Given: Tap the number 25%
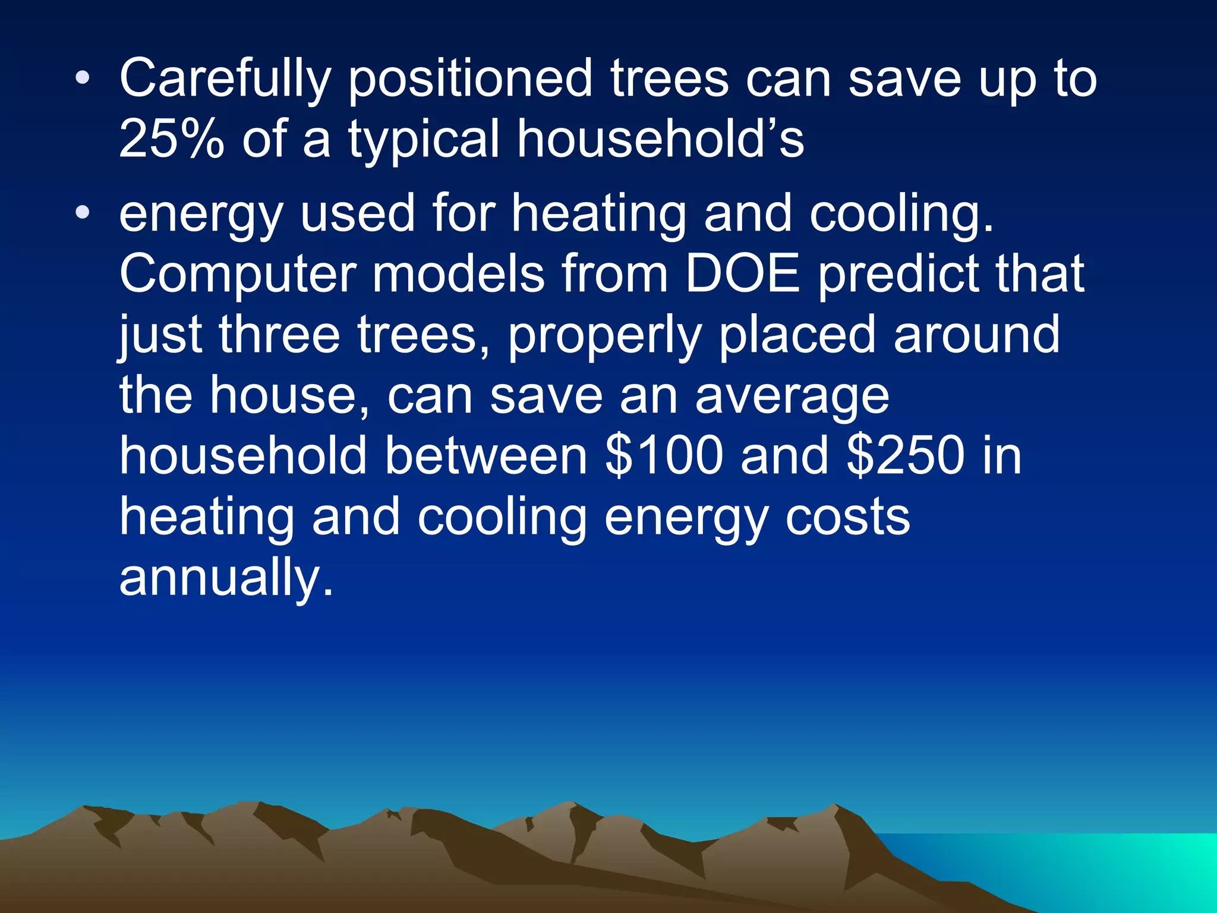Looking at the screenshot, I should (x=172, y=140).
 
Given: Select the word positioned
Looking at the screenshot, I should (x=470, y=80).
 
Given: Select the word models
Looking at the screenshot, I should (x=458, y=274).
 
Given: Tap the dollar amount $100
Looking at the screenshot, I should (x=664, y=456).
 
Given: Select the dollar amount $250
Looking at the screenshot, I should (x=906, y=456).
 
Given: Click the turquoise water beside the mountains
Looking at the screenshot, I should (x=1099, y=862).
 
